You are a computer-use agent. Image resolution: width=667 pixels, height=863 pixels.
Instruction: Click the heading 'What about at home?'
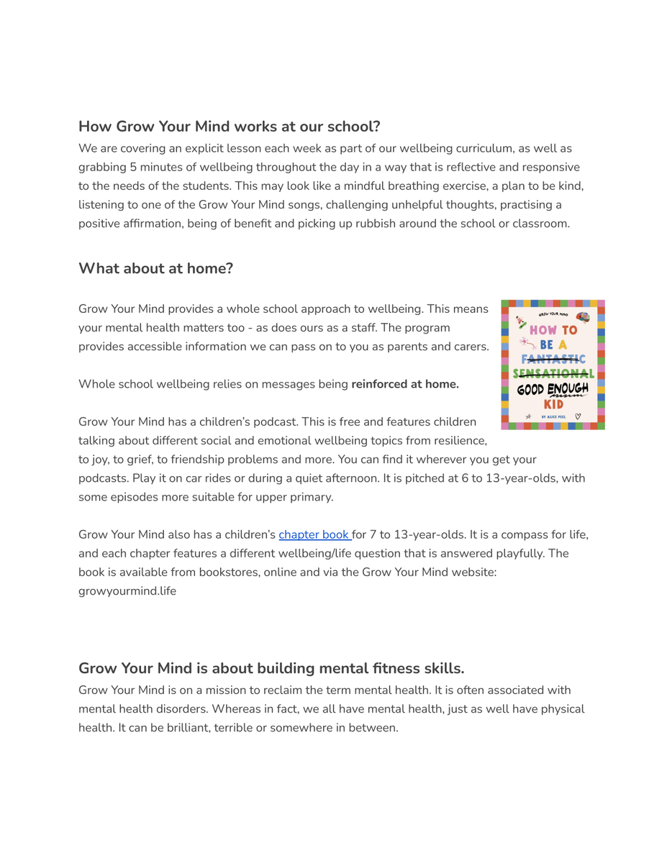tap(155, 269)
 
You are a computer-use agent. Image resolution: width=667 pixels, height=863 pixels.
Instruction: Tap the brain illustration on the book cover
tap(583, 316)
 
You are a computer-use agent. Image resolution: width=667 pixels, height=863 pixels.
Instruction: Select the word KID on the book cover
tap(553, 404)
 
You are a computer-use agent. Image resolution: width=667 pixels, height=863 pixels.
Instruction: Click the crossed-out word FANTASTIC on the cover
tap(554, 359)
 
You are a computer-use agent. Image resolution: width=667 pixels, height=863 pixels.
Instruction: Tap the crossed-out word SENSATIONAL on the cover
tap(553, 374)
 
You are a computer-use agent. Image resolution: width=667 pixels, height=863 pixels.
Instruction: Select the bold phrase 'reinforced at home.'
tap(405, 384)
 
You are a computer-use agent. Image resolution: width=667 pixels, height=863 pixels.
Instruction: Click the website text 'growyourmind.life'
tap(127, 591)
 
